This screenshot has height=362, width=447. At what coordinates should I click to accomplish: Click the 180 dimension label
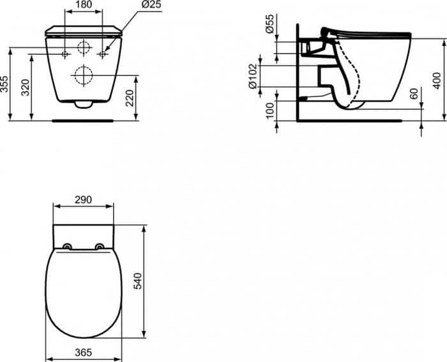[84, 4]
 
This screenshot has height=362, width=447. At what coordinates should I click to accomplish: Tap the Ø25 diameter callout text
[151, 4]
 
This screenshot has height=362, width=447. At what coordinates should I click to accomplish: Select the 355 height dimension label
[4, 84]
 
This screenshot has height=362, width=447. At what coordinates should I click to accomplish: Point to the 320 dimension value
[26, 87]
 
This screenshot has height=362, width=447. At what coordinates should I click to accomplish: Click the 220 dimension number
[130, 98]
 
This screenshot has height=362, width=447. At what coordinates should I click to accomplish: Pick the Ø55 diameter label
[269, 24]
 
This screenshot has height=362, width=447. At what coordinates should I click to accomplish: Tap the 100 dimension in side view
[269, 110]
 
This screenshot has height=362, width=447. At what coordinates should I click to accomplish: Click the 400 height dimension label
[437, 80]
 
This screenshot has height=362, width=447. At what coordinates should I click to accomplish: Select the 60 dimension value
[414, 94]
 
